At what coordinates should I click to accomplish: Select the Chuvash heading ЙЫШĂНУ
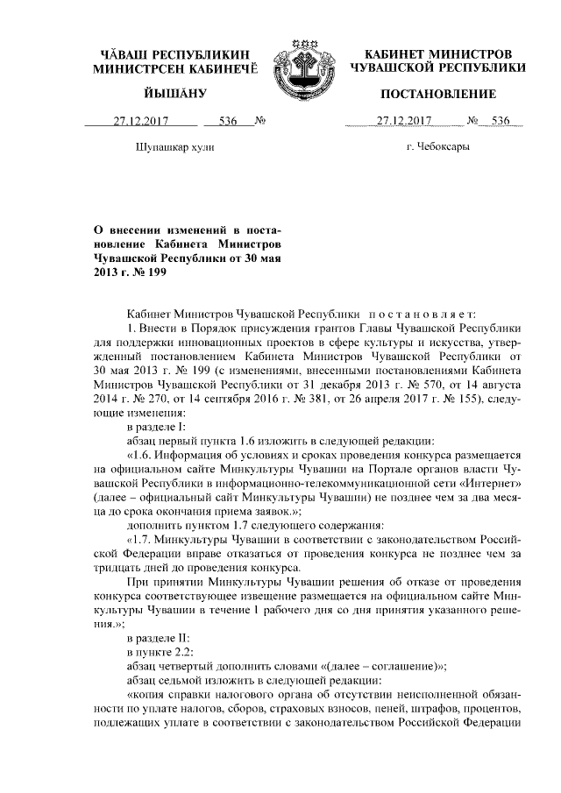(168, 94)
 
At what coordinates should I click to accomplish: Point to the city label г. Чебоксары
(437, 147)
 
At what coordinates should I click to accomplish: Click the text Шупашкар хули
(171, 147)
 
